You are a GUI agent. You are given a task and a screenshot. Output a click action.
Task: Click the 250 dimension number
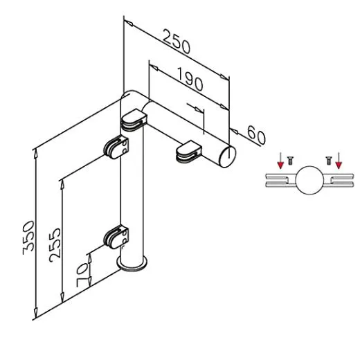[x=177, y=42]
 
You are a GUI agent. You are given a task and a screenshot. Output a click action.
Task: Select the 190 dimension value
[x=190, y=79]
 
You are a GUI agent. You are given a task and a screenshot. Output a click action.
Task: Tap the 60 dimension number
[x=256, y=135]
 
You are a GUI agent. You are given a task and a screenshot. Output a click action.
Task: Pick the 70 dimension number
[x=82, y=276]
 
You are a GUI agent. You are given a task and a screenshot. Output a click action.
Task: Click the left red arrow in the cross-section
[x=280, y=161]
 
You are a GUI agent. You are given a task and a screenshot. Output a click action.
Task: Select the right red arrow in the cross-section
[x=339, y=161]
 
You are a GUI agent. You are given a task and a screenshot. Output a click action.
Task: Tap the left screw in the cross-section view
[x=290, y=161]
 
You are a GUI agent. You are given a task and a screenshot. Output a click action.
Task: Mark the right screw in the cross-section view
[x=328, y=161]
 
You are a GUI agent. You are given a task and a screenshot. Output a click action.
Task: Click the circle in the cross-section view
[x=309, y=180]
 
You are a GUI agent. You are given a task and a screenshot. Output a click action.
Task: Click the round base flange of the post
[x=132, y=264]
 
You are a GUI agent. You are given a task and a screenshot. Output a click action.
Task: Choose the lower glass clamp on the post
[x=116, y=237]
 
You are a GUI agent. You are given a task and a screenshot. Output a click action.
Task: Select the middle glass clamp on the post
[x=116, y=147]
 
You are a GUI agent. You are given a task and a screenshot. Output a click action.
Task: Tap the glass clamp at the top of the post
[x=134, y=120]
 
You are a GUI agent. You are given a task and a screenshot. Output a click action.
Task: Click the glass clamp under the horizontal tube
[x=189, y=152]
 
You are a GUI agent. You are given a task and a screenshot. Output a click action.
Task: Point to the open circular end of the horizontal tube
[x=227, y=156]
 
